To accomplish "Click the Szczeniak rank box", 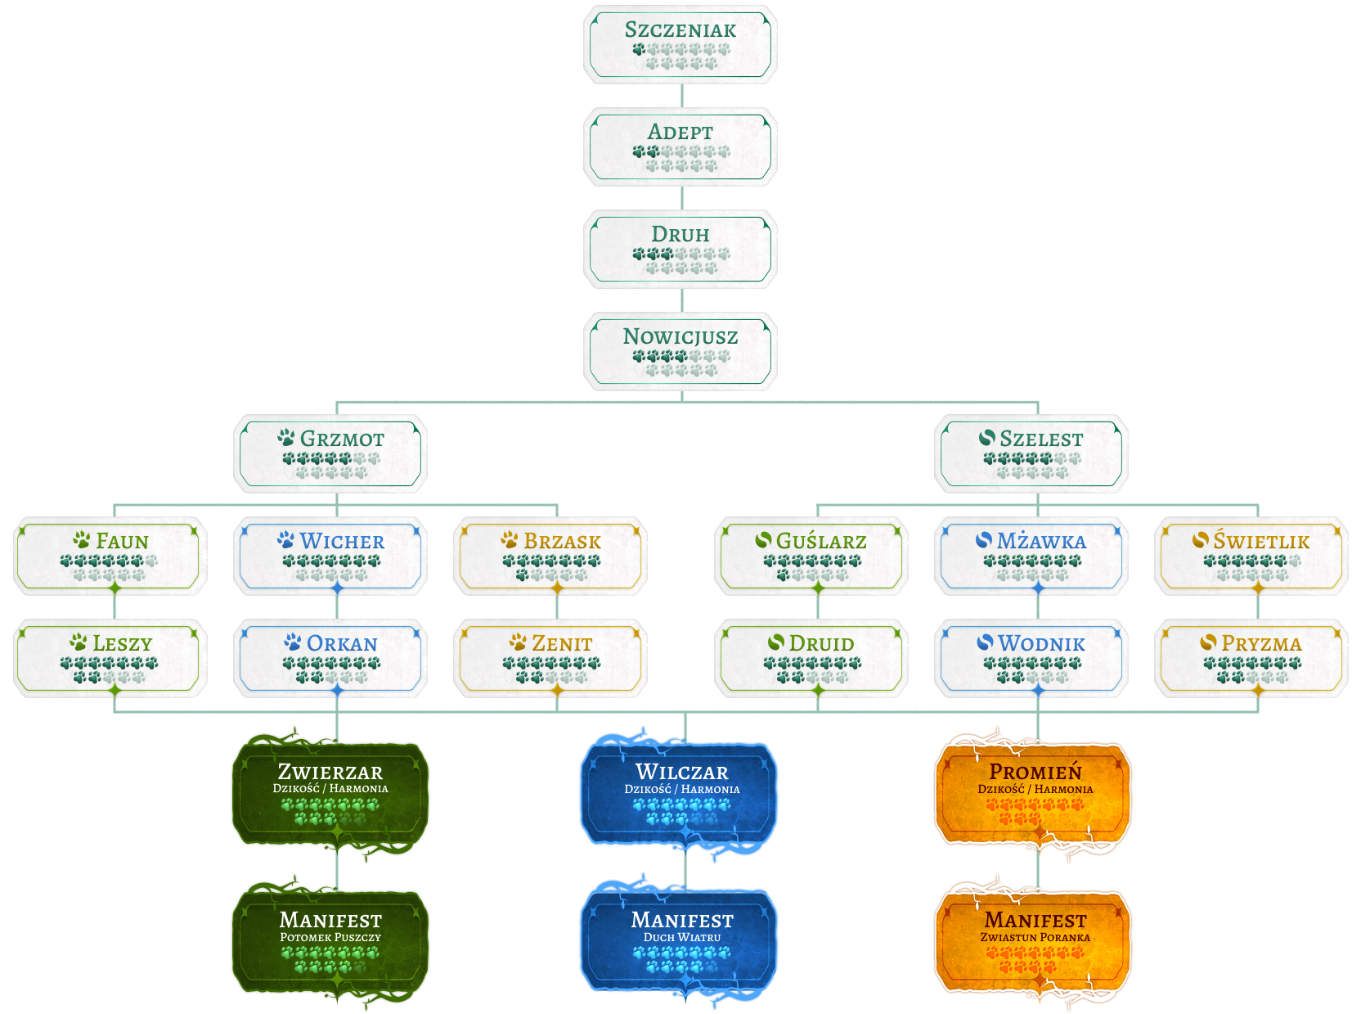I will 680,45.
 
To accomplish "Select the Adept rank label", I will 680,132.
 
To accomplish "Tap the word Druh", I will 680,234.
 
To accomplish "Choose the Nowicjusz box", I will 680,352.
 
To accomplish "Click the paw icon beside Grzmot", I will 285,438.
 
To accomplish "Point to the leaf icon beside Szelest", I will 987,438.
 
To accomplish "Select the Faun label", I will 122,541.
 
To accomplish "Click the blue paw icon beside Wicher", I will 285,540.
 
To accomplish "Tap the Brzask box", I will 550,556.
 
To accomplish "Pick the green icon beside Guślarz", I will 763,540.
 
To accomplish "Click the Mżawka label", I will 1041,541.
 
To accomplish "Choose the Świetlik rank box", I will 1251,556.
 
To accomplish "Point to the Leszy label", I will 122,643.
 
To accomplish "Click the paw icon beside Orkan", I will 292,642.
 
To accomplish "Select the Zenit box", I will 550,658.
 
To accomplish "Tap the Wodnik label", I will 1041,643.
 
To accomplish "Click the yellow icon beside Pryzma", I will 1208,642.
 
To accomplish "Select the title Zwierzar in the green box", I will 330,772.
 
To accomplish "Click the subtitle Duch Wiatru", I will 682,937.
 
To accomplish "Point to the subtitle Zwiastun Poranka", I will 1035,937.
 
